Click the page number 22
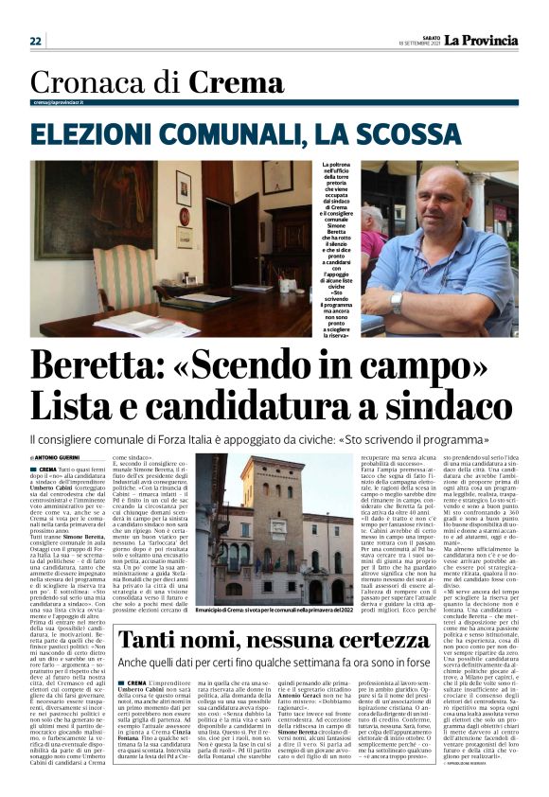click(x=36, y=41)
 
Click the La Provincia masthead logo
click(x=483, y=40)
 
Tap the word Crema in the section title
click(x=236, y=84)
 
